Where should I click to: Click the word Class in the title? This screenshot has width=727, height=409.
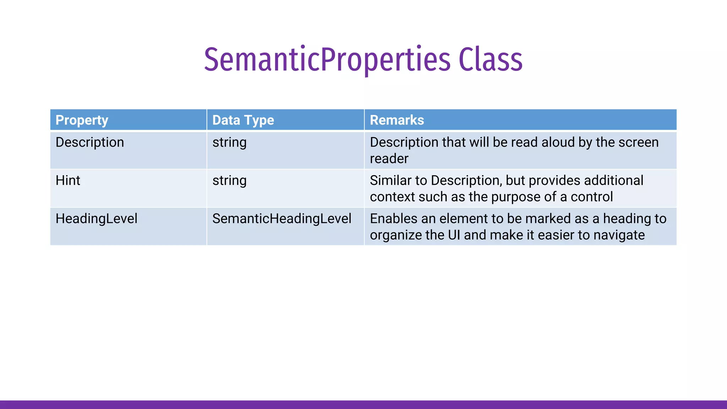click(x=490, y=60)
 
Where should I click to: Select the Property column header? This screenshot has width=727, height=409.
click(x=82, y=120)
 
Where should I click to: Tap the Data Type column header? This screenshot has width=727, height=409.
click(x=243, y=120)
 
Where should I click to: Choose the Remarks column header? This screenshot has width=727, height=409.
click(x=397, y=120)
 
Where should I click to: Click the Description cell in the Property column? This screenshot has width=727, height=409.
click(x=90, y=142)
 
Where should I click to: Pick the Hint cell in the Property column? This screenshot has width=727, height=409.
click(x=68, y=180)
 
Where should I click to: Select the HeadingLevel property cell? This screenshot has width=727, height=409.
click(x=96, y=218)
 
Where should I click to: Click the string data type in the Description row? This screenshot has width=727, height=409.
click(x=229, y=142)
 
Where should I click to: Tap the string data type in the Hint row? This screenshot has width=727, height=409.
click(x=229, y=180)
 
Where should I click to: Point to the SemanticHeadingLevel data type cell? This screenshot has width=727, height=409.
click(x=282, y=218)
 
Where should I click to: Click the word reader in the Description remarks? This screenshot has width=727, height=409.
click(x=389, y=159)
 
